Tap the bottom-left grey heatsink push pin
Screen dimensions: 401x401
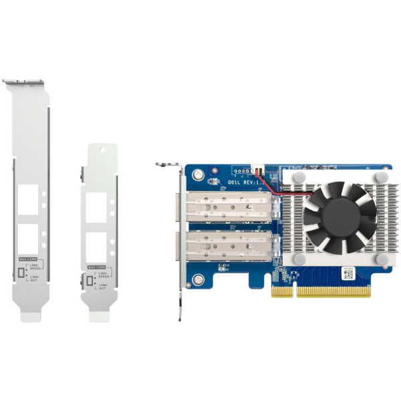click(x=292, y=255)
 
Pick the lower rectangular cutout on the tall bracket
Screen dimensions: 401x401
click(x=28, y=237)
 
